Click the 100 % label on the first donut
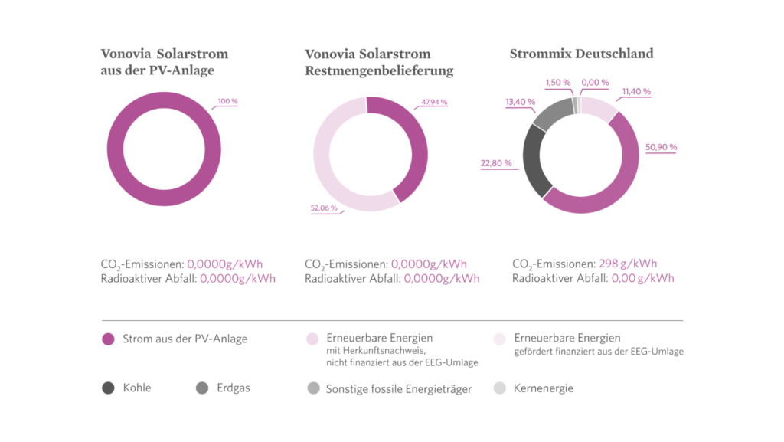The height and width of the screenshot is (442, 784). [x=227, y=101]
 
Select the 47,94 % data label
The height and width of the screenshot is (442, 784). [x=434, y=102]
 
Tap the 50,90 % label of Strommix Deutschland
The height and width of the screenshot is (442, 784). [x=661, y=147]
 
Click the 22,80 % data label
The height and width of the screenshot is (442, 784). [x=496, y=163]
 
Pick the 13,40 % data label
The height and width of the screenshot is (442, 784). [x=521, y=101]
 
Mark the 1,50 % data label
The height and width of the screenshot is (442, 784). [x=558, y=82]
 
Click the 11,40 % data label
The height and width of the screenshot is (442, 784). [x=637, y=91]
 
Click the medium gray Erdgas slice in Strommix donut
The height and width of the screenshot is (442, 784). [x=551, y=114]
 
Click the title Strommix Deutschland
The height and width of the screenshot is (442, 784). [x=582, y=54]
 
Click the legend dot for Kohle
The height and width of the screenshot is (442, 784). [x=108, y=388]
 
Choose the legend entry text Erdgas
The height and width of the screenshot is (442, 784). [x=234, y=388]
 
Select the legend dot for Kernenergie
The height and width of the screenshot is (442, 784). [x=501, y=388]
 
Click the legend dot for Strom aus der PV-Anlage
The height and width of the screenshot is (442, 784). [x=108, y=339]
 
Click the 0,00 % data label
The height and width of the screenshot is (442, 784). [x=595, y=82]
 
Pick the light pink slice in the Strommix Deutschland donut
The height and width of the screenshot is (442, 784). [x=599, y=109]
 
